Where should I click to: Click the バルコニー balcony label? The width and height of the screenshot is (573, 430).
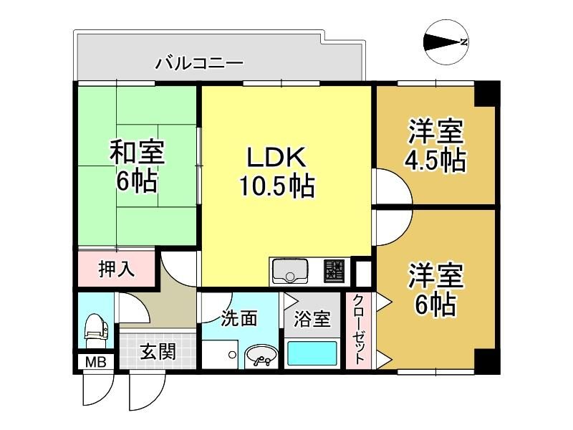tap(200, 64)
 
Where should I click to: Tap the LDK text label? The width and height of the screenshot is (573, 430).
tap(276, 157)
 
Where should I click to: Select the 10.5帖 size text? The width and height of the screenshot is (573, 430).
tap(276, 186)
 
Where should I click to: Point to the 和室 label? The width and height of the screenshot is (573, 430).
tap(138, 152)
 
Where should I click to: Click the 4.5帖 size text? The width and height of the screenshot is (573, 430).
tap(435, 160)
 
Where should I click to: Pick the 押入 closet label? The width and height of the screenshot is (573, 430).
tap(117, 269)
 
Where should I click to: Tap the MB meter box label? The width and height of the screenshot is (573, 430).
tap(96, 362)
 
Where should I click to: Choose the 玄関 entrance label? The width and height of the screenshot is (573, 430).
tap(158, 352)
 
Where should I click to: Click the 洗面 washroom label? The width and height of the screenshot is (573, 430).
tap(239, 318)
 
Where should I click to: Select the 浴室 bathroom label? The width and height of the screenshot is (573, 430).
tap(312, 319)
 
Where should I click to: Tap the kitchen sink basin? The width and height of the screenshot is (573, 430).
tap(291, 271)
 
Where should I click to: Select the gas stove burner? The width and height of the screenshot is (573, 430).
tap(334, 271)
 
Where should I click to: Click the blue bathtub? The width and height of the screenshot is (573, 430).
tap(312, 353)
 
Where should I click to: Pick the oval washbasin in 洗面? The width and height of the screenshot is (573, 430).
tap(261, 356)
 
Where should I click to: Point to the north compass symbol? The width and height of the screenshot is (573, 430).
tap(446, 42)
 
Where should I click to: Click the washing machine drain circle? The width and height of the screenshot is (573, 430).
tap(231, 354)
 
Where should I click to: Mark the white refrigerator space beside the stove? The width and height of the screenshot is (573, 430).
tap(363, 272)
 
